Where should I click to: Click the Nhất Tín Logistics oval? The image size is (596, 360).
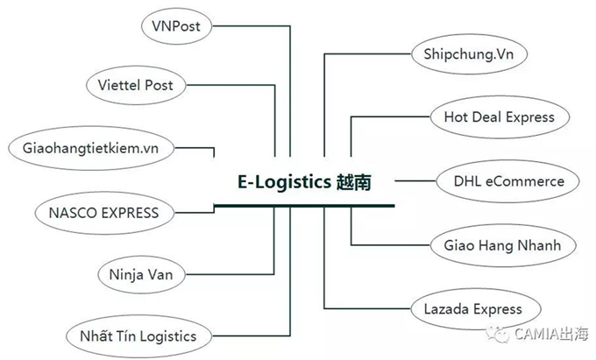[x=138, y=335]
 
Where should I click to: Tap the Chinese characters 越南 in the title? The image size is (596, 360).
[x=358, y=182]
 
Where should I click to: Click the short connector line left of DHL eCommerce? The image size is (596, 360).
[x=416, y=181]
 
